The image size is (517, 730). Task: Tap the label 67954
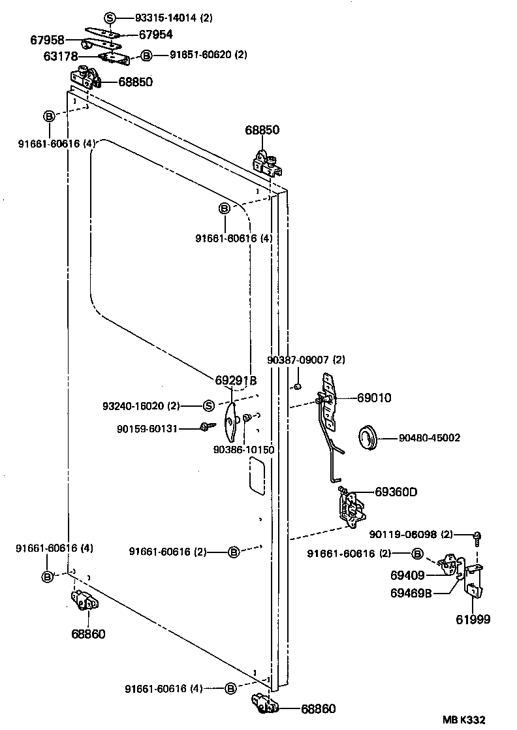pos(156,35)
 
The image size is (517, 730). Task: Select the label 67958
pos(48,40)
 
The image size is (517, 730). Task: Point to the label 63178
pos(61,56)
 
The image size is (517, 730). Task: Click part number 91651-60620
pos(200,55)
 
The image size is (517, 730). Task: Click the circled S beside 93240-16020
pos(209,406)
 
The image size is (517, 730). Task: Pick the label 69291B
pos(236,381)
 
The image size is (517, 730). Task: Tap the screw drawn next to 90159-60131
pos(208,426)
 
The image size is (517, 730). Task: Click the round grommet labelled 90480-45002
pos(369,437)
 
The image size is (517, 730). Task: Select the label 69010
pos(374,398)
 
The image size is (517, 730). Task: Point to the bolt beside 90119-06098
pos(477,538)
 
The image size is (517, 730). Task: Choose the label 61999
pos(473,619)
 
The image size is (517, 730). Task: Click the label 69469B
pos(411,594)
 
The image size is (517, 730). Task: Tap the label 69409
pos(407,575)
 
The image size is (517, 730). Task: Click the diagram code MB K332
pos(463,720)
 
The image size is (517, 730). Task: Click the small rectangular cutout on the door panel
pos(257,475)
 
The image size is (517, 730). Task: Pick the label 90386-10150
pos(244,450)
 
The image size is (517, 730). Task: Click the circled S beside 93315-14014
pos(110,18)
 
